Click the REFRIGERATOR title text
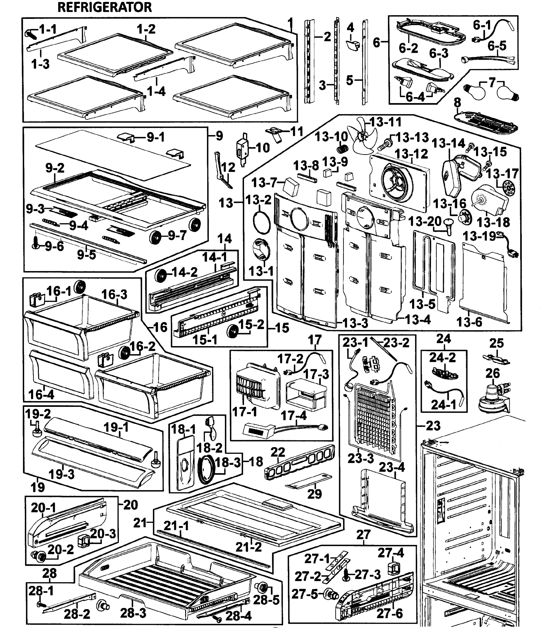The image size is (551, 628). [x=104, y=7]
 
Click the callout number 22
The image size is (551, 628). [x=278, y=452]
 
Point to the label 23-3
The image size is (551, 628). [x=361, y=458]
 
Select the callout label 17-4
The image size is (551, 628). [x=294, y=415]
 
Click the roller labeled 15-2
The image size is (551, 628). [x=232, y=332]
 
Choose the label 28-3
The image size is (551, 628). [x=133, y=613]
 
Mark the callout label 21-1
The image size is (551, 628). [x=176, y=526]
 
